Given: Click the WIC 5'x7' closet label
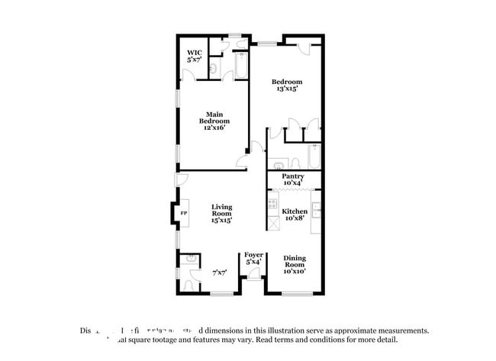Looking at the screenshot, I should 194,56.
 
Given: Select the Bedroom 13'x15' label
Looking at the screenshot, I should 288,85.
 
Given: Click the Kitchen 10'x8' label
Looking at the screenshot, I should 295,214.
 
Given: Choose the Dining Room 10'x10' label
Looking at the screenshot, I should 294,264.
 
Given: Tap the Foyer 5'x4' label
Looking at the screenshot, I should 253,258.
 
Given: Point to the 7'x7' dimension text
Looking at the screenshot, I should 220,272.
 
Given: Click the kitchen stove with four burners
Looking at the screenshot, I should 272,205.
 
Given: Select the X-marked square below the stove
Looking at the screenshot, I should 272,224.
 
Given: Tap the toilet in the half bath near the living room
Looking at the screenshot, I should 189,285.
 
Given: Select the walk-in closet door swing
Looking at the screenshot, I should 188,76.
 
